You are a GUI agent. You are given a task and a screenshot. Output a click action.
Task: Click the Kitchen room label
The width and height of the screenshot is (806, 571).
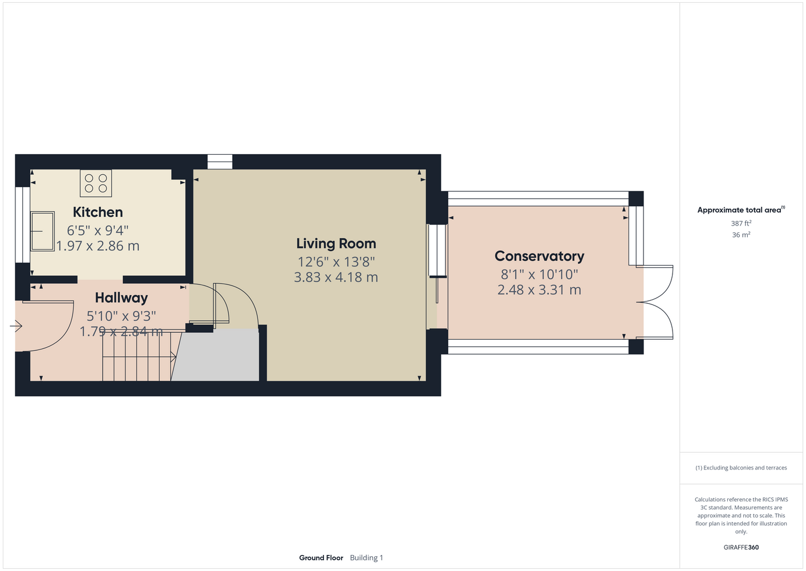coord(98,212)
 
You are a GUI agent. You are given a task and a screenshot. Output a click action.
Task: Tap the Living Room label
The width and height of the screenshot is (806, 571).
coord(336,243)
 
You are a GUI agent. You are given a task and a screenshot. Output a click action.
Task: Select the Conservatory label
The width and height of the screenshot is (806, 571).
coord(540,256)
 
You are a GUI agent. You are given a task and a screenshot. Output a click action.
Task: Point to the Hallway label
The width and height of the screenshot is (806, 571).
coord(121,298)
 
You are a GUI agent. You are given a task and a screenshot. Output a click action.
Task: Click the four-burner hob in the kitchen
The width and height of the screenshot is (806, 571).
coord(96,183)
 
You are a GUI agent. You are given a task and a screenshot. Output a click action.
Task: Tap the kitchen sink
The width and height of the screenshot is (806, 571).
coord(42,231)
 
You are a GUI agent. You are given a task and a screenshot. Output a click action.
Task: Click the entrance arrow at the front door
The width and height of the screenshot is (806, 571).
coord(16,327)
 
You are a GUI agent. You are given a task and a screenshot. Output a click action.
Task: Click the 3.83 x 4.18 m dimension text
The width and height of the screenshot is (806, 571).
coord(336,278)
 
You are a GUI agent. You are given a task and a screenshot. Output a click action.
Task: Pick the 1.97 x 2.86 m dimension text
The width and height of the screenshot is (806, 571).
coord(98,246)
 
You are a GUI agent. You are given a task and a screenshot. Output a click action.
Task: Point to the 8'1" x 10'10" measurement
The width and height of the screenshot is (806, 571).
coord(540,275)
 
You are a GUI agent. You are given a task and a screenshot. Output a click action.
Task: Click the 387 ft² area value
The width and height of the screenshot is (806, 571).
coord(741,223)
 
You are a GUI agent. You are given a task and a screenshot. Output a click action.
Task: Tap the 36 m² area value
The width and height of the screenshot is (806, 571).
coord(741,235)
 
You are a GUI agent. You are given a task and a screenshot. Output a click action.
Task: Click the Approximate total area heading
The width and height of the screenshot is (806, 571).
coord(741,210)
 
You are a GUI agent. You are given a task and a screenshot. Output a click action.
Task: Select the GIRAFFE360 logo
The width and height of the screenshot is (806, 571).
coord(741,547)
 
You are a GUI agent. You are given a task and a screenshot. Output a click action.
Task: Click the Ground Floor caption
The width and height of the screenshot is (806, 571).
coord(321,558)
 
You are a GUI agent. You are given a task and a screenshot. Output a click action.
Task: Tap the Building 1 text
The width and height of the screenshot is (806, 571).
coord(366,558)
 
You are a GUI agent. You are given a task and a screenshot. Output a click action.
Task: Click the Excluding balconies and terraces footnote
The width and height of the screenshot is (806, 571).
coord(741,468)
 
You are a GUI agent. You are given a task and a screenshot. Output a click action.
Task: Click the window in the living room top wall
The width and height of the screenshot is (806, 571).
coord(220,162)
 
